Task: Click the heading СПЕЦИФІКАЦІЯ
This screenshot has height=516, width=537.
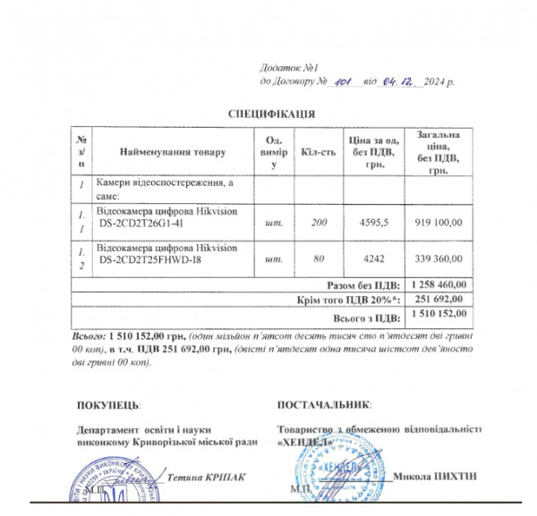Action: click(270, 114)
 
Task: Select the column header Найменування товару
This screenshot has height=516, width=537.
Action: click(173, 152)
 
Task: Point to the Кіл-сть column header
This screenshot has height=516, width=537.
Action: click(320, 152)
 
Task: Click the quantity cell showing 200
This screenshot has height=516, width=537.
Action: click(320, 221)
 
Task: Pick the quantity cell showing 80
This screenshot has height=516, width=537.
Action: click(320, 259)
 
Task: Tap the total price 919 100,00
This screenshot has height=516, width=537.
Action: click(439, 221)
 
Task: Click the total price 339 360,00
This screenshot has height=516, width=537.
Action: click(439, 259)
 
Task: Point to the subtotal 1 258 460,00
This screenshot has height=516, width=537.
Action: click(439, 284)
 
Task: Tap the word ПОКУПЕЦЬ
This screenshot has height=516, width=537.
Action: click(108, 406)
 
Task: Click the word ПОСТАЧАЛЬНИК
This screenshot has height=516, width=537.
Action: click(325, 406)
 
